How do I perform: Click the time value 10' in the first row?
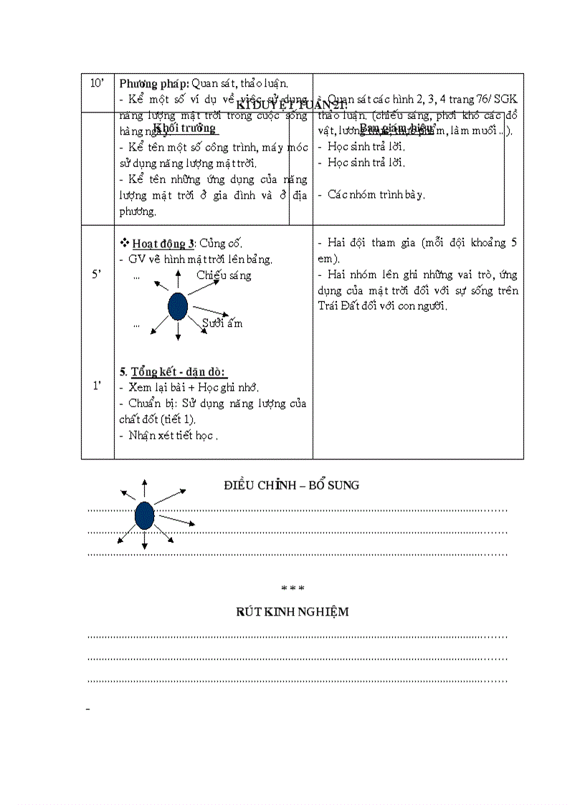coord(97,84)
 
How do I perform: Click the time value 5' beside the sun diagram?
coord(97,275)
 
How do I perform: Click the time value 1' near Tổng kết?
coord(97,386)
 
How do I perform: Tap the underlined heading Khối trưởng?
coord(184,129)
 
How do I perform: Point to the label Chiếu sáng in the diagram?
coord(224,275)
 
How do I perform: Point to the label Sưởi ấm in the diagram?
coord(222,323)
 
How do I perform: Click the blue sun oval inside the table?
coord(178,306)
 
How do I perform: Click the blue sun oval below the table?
coord(145,515)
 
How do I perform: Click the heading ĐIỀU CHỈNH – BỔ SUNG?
coord(292,485)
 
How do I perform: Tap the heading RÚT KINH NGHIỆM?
coord(292,611)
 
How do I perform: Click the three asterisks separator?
coord(293,589)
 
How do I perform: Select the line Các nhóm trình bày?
coord(376,194)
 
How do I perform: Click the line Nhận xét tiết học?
coord(173,435)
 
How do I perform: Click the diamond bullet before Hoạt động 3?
coord(124,243)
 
